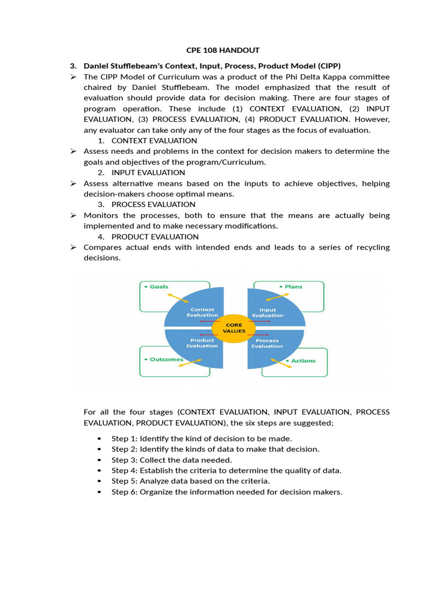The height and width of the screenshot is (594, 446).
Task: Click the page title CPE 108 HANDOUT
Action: point(222,50)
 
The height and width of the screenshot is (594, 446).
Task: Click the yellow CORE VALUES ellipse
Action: point(234,328)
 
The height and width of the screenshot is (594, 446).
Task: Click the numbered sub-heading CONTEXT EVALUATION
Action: point(154,140)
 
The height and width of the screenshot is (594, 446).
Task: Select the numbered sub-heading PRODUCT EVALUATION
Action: point(155,237)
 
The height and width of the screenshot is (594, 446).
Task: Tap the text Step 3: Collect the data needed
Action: point(172,460)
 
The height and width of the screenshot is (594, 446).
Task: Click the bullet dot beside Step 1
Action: point(99,439)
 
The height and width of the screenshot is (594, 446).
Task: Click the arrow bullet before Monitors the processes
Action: point(73,215)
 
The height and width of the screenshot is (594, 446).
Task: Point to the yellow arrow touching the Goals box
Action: point(178,296)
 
